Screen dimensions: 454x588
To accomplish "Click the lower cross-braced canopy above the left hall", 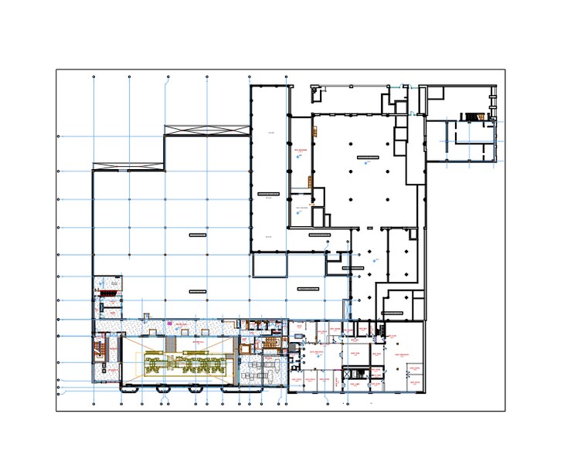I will [127, 166].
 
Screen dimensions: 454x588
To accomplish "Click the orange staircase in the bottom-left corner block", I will [100, 347].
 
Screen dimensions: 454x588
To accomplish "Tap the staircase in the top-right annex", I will [471, 117].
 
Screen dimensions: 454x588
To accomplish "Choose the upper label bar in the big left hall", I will [197, 233].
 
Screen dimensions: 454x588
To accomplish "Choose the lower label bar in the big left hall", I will [197, 291].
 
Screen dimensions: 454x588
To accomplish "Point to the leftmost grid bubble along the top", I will [93, 77].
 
